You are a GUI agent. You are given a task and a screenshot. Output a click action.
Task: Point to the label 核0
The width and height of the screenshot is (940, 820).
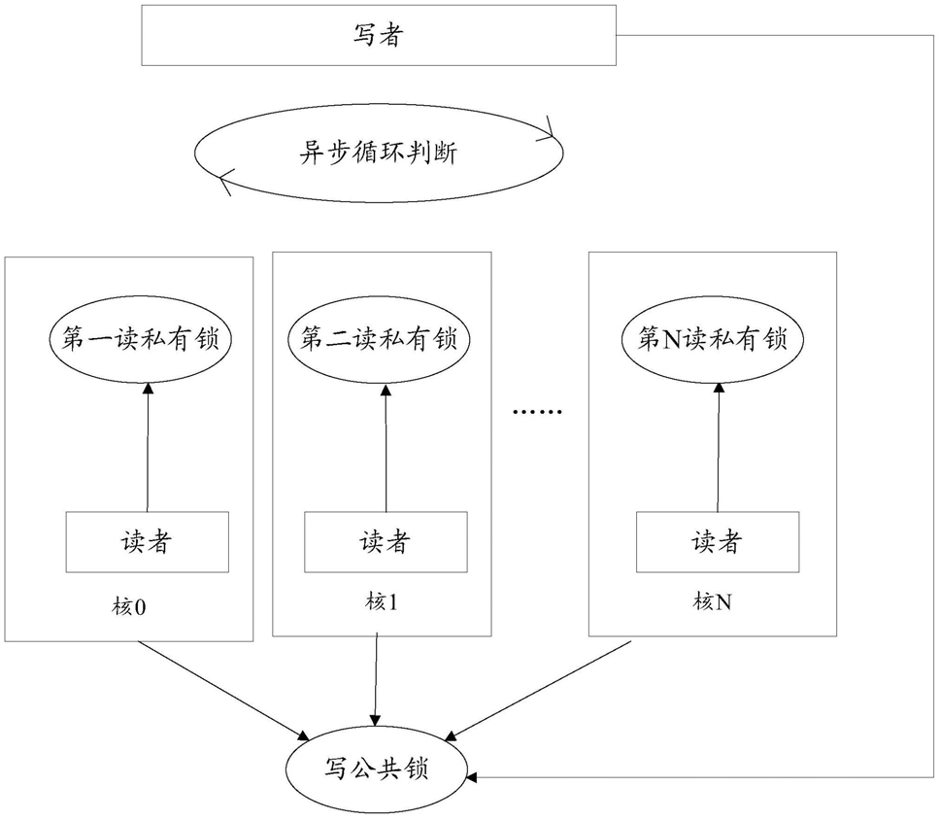click(x=128, y=607)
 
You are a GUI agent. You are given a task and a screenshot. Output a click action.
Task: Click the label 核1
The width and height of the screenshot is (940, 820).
click(x=382, y=601)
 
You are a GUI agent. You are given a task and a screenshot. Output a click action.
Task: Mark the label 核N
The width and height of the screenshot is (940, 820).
click(x=712, y=601)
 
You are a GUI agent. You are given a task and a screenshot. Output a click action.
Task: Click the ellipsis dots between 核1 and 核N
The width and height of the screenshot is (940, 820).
click(x=538, y=412)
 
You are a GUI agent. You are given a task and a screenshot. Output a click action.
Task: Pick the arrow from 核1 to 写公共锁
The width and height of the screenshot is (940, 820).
click(x=376, y=679)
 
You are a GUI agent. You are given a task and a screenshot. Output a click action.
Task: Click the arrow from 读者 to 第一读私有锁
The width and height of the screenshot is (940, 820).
click(x=148, y=448)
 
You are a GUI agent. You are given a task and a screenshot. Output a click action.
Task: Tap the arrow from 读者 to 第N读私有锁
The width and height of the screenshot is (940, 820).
click(x=719, y=448)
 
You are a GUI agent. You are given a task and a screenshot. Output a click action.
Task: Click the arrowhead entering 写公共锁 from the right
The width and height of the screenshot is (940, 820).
click(x=471, y=777)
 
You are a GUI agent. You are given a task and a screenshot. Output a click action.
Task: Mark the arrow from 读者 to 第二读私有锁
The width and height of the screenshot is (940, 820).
click(x=386, y=448)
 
